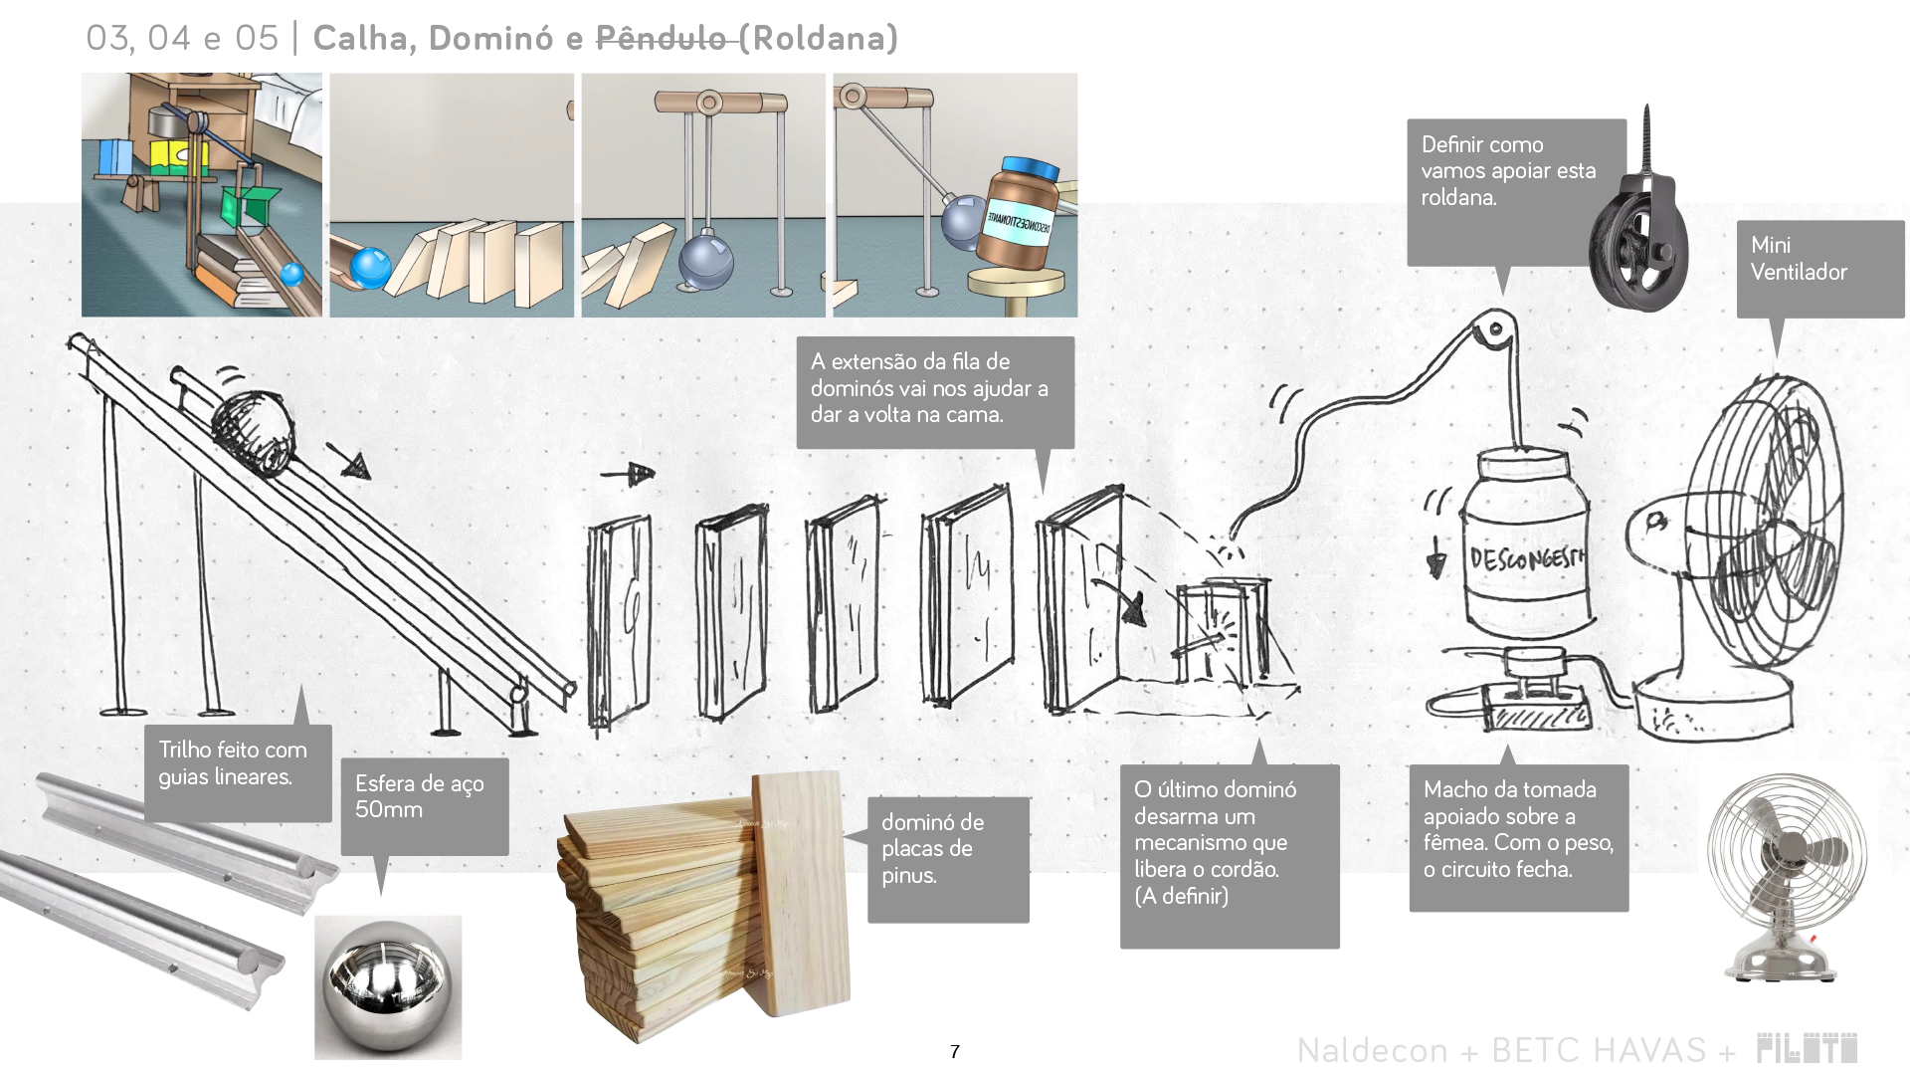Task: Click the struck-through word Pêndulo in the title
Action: (x=661, y=38)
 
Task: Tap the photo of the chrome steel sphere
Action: (x=388, y=985)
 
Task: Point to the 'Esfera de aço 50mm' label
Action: (x=424, y=804)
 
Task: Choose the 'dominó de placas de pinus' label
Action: (x=947, y=858)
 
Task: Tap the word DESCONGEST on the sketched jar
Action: (x=1526, y=558)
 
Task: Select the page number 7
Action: (x=955, y=1052)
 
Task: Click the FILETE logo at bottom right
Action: (x=1807, y=1048)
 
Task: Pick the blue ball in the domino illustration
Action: (x=370, y=267)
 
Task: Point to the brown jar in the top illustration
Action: (x=1020, y=214)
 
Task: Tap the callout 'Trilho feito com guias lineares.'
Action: (x=237, y=771)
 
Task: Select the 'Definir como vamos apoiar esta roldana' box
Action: (x=1514, y=189)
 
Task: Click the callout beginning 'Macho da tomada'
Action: (x=1518, y=836)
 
